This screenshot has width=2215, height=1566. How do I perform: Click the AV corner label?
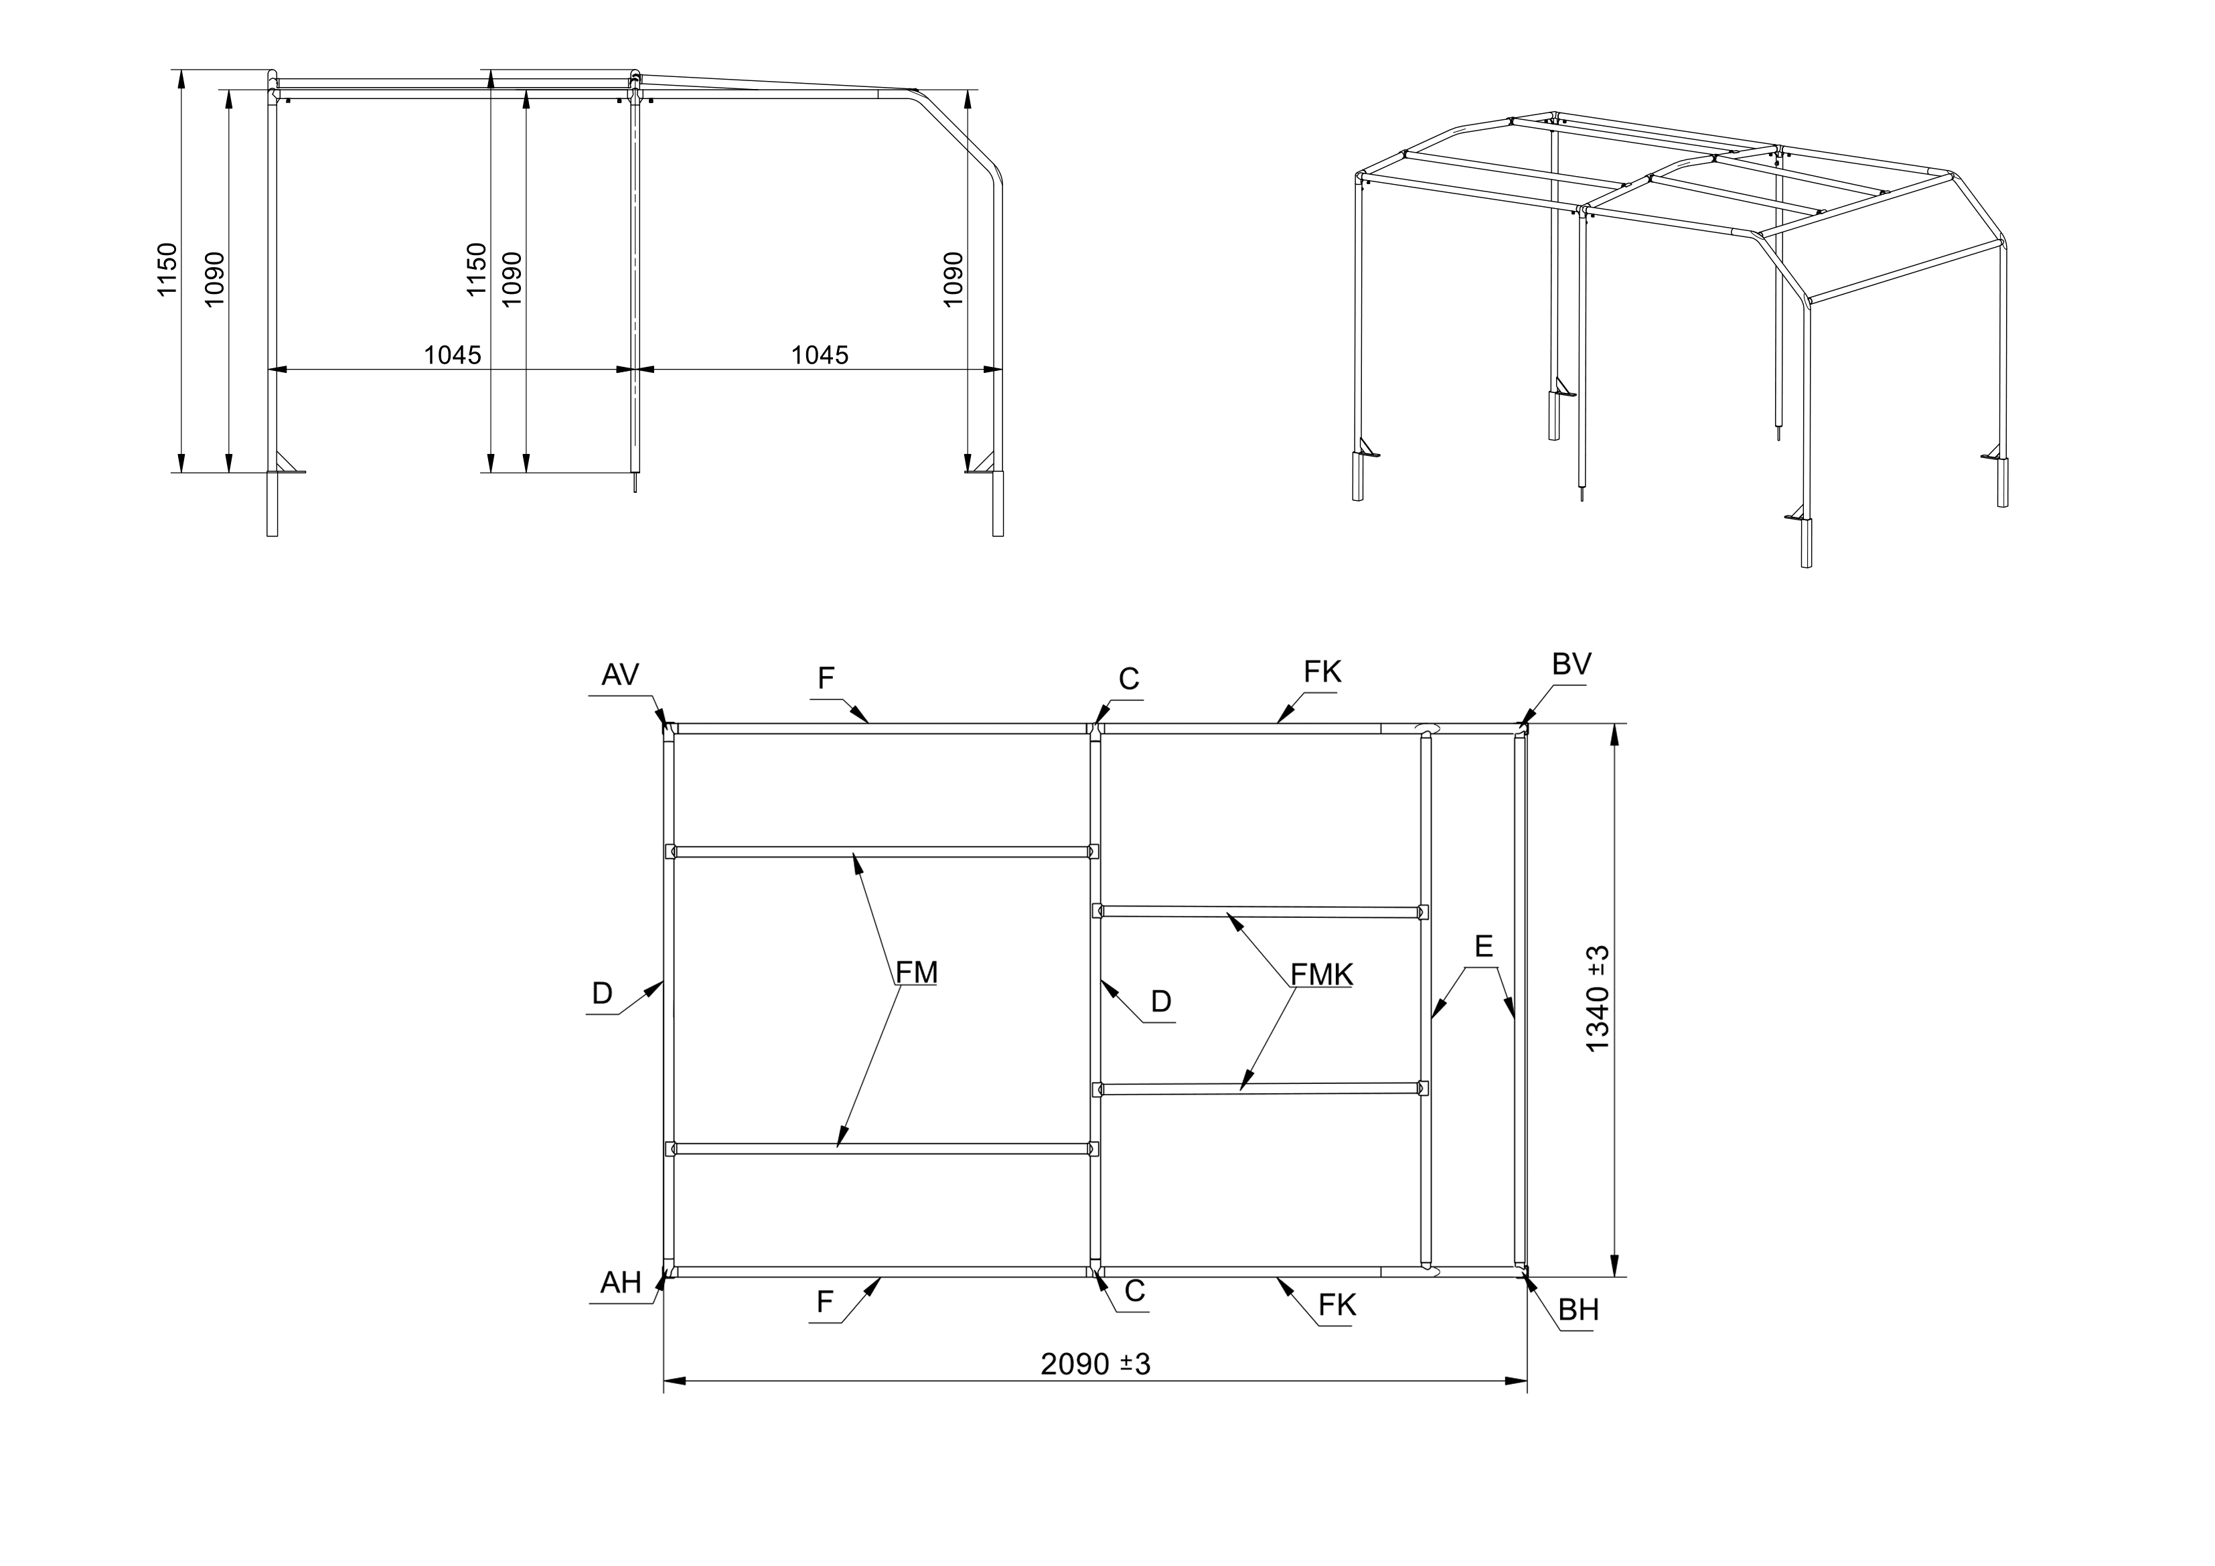(x=619, y=674)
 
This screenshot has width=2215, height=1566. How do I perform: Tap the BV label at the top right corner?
(x=1572, y=664)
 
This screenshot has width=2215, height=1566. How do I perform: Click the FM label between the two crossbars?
(x=917, y=973)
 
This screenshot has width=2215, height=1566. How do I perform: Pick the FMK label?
(x=1322, y=975)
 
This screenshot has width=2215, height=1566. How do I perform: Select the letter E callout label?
(x=1484, y=947)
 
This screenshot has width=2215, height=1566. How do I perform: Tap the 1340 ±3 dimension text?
(x=1598, y=999)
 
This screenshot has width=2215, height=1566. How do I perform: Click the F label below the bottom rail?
(x=825, y=1303)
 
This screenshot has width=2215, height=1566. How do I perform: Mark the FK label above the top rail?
(x=1322, y=672)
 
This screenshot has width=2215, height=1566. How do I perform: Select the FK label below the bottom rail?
(x=1337, y=1306)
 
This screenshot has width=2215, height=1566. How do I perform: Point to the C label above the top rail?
(x=1130, y=680)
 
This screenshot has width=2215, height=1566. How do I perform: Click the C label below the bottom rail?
(x=1134, y=1291)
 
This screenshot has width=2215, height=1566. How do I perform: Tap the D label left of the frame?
(x=602, y=994)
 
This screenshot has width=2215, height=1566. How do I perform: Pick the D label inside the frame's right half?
(x=1162, y=1002)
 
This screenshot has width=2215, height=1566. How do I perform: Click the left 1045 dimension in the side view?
(x=453, y=355)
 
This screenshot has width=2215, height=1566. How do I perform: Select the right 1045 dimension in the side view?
(x=820, y=355)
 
